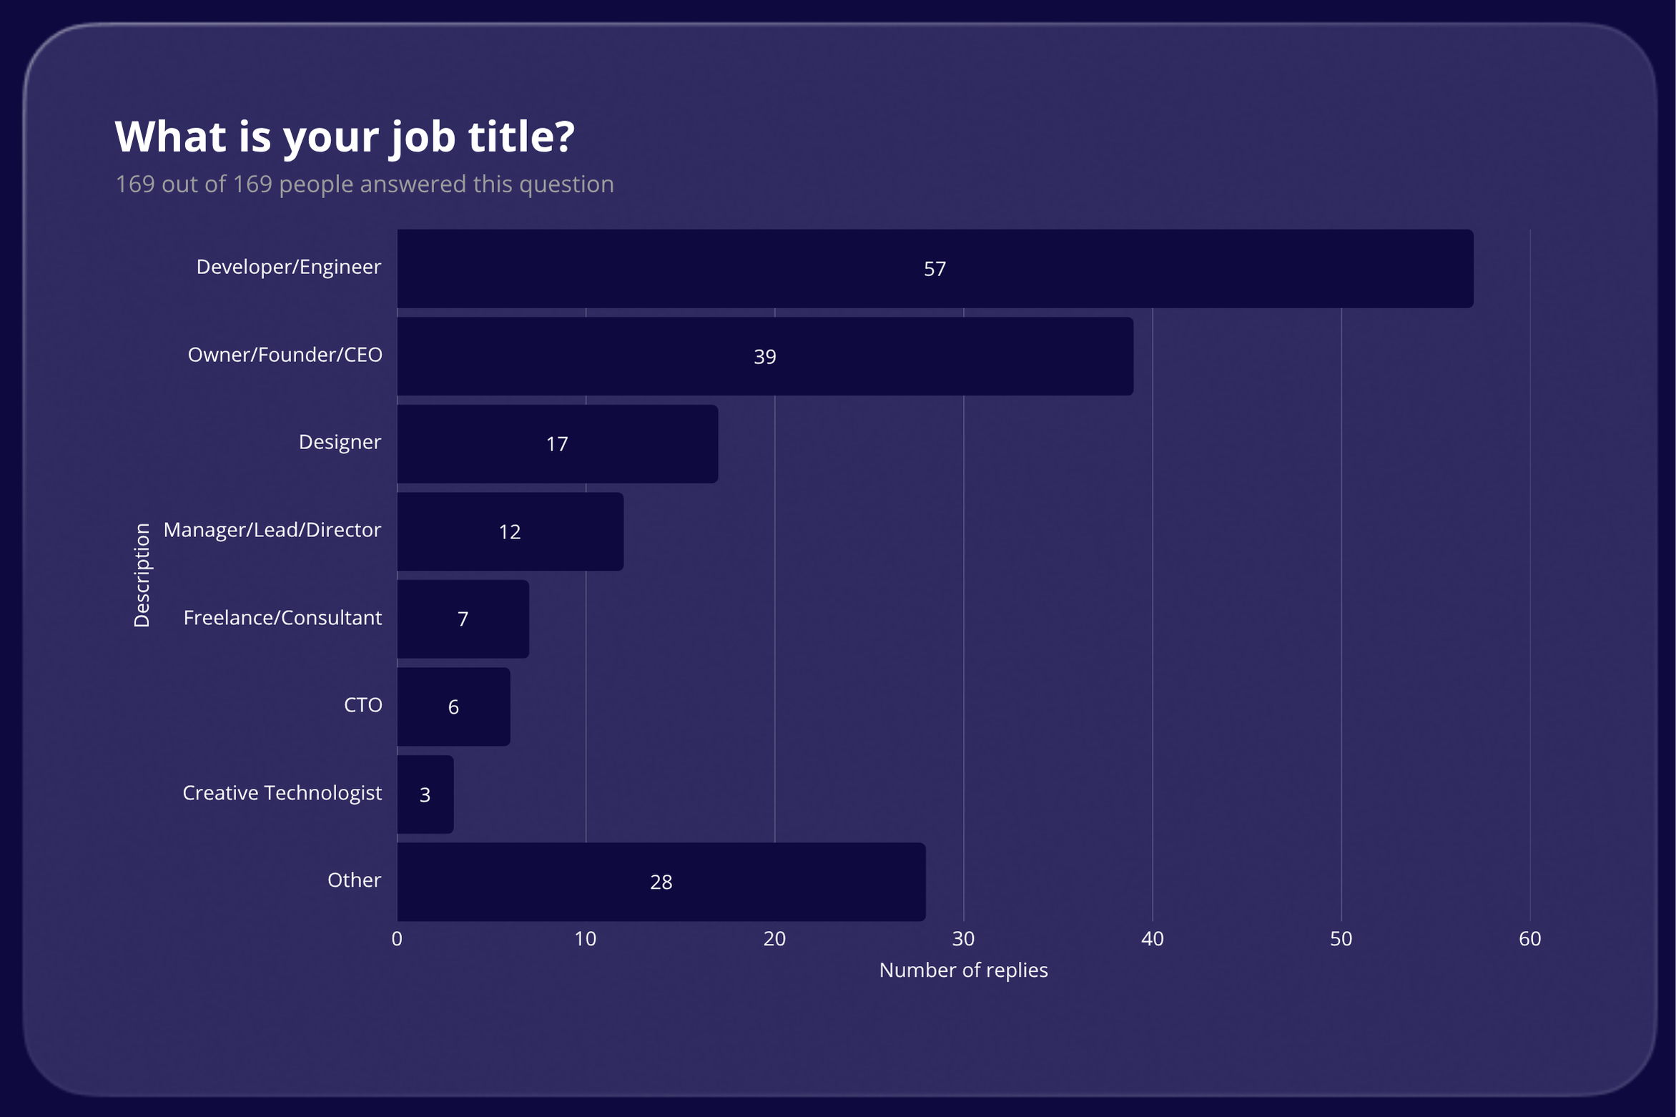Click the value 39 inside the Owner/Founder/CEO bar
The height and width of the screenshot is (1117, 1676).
pos(764,357)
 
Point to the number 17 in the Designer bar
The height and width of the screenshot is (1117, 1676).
pos(556,444)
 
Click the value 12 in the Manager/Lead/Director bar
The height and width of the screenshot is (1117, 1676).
pos(509,532)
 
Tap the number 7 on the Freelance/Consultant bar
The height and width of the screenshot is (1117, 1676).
pos(463,619)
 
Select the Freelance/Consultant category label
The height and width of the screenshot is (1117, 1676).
pos(282,618)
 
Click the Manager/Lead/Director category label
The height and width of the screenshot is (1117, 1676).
pos(272,530)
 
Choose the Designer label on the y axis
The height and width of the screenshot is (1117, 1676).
pos(340,442)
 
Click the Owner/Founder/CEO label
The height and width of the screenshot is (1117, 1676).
pos(285,355)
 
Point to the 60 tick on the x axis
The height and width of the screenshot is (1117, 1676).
pos(1529,939)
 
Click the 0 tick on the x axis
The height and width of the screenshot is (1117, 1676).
pos(397,939)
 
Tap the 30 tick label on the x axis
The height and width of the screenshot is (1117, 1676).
pos(963,939)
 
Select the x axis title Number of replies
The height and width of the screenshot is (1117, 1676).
pos(963,970)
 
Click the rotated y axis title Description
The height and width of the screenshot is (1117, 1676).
pos(142,575)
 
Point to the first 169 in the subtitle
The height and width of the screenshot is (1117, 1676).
pos(135,184)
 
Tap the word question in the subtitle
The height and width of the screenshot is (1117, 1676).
pos(566,184)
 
